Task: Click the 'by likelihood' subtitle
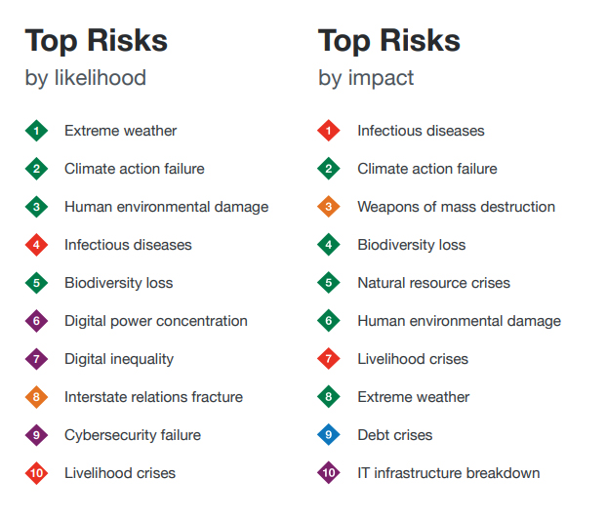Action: (x=86, y=78)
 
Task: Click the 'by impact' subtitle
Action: (x=366, y=79)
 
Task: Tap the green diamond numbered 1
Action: (x=36, y=131)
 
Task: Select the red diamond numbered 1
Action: (x=329, y=131)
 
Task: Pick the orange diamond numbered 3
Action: (x=329, y=207)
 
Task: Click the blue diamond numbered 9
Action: (x=329, y=435)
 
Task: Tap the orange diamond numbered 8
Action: (x=36, y=397)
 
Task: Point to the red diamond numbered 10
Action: (x=36, y=473)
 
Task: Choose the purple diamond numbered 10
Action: (x=329, y=473)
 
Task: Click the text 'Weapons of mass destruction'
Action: (x=457, y=207)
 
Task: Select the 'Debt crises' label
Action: (x=395, y=435)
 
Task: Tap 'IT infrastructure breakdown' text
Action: (x=449, y=473)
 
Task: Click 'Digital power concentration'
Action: (x=156, y=322)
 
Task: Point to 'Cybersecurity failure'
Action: (x=133, y=436)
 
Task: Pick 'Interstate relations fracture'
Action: (x=153, y=397)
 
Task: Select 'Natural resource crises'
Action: (x=434, y=283)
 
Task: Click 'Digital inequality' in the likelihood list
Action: (x=119, y=359)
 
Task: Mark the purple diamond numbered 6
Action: (x=36, y=321)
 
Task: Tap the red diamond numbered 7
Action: (x=329, y=359)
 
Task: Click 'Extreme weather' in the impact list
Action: (x=414, y=397)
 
